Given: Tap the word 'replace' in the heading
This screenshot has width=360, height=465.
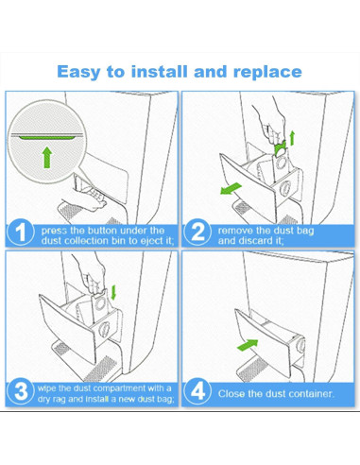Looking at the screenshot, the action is [267, 73].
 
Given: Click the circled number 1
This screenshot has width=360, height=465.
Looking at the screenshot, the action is [20, 232].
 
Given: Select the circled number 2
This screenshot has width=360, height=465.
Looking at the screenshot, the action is [197, 232].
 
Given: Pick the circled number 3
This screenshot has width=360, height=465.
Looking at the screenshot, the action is [21, 391].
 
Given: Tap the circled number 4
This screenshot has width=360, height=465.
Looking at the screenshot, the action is [197, 391].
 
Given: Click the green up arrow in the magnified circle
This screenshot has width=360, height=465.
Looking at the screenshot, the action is [47, 157].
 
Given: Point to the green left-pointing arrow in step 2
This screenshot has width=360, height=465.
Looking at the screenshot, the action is [231, 188].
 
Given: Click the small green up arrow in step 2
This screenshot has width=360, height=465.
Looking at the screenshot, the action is [292, 138].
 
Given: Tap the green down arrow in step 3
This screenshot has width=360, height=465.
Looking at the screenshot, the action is [113, 293].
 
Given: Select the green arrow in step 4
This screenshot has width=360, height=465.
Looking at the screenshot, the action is [248, 345].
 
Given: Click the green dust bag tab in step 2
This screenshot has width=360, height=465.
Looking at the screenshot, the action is [281, 148].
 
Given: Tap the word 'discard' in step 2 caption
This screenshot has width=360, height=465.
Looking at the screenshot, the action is [255, 241].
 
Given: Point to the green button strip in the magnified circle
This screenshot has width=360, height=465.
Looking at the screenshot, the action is [46, 137].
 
